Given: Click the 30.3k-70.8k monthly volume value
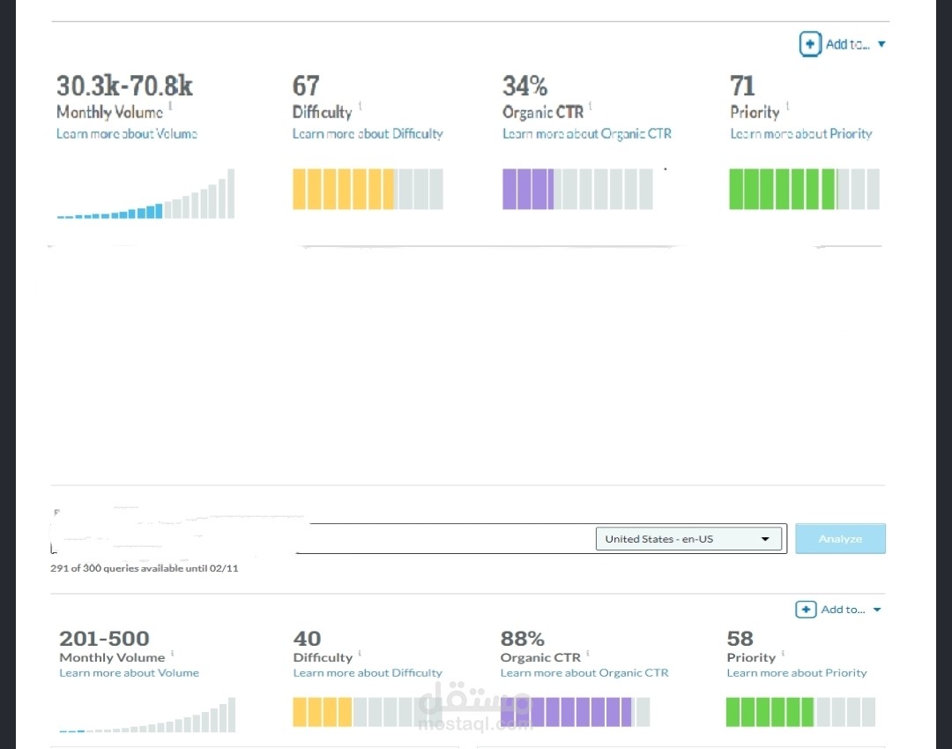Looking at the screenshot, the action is [124, 86].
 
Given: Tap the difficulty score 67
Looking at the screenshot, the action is [306, 86].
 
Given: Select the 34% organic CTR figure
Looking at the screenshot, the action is [525, 86].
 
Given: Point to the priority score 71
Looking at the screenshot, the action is [742, 86].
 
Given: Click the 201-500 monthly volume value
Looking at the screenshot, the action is [104, 639].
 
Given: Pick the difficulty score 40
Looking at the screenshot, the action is [308, 639].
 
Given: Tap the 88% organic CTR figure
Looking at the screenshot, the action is [523, 639].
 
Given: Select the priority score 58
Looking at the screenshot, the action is [740, 639].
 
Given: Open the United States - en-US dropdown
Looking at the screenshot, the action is [688, 539].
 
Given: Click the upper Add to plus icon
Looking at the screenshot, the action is [810, 44].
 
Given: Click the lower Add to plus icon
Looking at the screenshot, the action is [806, 610].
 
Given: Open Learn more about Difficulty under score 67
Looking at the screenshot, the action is [368, 133].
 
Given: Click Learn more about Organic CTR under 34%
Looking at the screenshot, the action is [587, 133].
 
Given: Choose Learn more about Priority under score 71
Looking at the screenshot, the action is [801, 133].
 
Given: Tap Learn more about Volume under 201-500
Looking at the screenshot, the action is [130, 673].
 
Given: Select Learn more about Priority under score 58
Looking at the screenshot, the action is [797, 673].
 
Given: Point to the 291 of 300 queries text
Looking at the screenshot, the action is [145, 568].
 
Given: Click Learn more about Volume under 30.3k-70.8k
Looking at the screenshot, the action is [127, 133].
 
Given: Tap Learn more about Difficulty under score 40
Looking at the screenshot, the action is [368, 673].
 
